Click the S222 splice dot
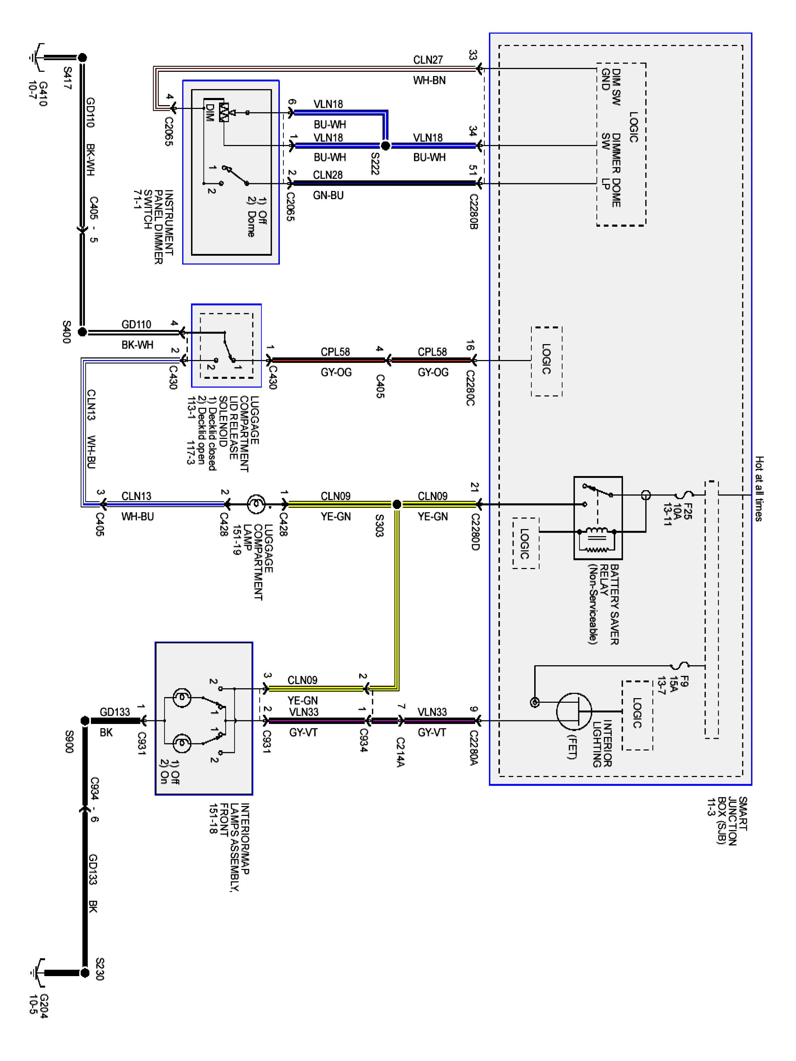[385, 145]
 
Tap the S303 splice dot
[397, 504]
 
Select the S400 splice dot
[82, 331]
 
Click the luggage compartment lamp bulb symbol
[256, 504]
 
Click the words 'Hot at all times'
[758, 489]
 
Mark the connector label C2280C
[470, 388]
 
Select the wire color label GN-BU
[328, 196]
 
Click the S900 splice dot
[85, 720]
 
